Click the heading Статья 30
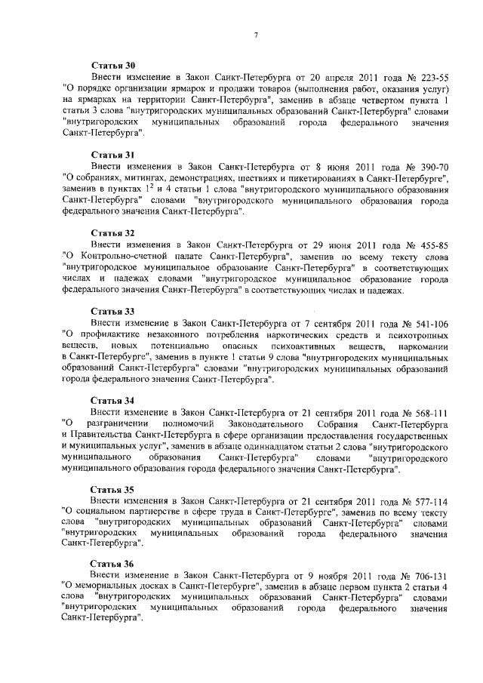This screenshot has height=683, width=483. [112, 66]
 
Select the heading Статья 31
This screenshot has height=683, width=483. [112, 152]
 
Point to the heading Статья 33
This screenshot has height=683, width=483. [112, 311]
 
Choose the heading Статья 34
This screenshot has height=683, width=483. [112, 400]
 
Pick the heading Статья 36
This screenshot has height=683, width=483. [112, 564]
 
